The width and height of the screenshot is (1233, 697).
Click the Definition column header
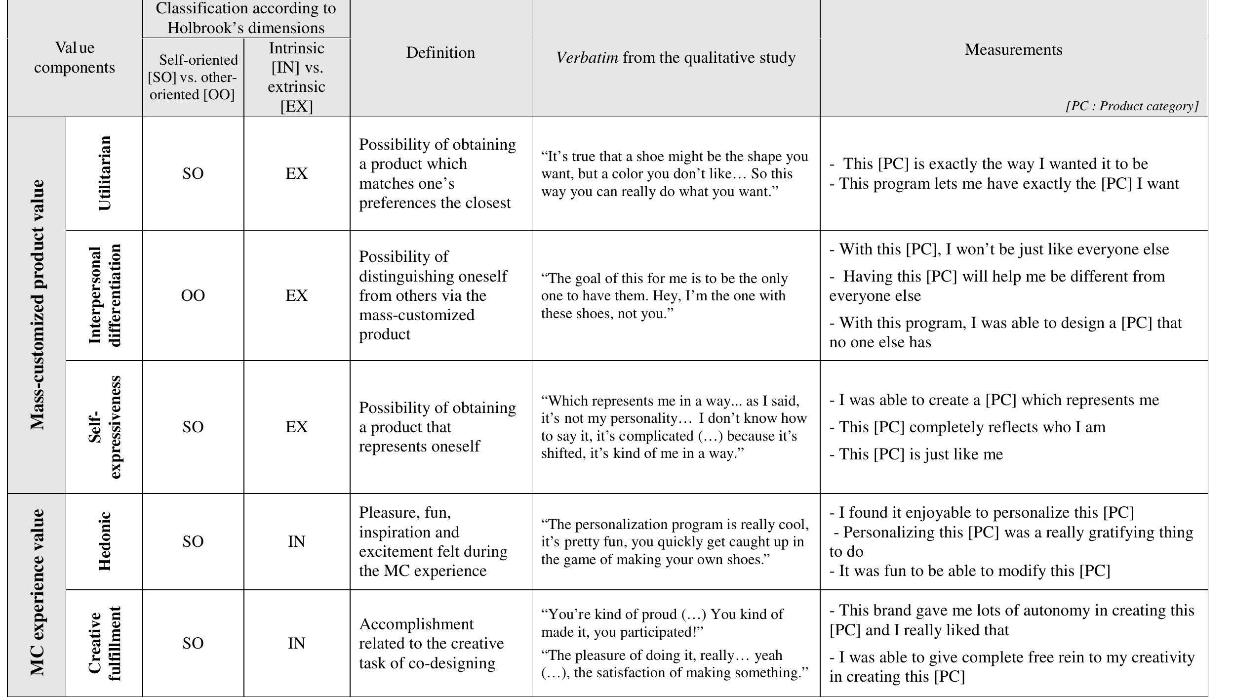click(x=440, y=53)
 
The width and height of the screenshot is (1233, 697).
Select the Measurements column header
click(x=1013, y=49)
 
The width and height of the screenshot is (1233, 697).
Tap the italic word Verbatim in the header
click(x=587, y=58)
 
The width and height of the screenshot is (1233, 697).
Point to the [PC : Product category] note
click(x=1132, y=106)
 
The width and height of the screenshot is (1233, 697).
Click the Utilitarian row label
click(x=105, y=173)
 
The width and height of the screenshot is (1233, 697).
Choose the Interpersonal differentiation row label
click(x=105, y=295)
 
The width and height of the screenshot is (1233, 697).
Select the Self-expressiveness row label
click(x=105, y=427)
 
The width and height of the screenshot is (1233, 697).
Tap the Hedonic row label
click(x=105, y=541)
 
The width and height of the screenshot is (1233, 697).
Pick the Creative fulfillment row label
click(x=105, y=643)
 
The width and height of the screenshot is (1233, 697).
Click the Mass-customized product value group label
click(x=37, y=305)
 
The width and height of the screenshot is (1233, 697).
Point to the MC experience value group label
click(x=37, y=593)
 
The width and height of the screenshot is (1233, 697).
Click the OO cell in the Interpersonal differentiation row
click(x=193, y=295)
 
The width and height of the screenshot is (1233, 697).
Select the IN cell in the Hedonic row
click(x=296, y=542)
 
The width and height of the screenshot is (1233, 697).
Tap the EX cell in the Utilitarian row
click(x=296, y=173)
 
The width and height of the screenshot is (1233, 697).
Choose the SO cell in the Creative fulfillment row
click(x=193, y=643)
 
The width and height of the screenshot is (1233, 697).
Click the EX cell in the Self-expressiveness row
click(x=296, y=427)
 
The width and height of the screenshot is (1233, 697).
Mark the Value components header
click(x=75, y=58)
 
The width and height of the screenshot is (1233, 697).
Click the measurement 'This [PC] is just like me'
click(x=916, y=454)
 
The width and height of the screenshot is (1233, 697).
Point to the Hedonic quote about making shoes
click(x=675, y=541)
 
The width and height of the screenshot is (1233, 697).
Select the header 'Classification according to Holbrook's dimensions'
click(x=246, y=18)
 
